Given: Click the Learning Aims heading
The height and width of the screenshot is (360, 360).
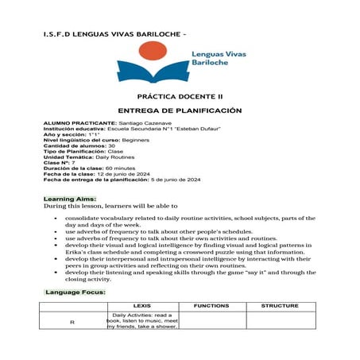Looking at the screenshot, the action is click(x=70, y=197).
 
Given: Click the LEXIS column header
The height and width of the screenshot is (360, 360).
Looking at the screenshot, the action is click(x=142, y=306).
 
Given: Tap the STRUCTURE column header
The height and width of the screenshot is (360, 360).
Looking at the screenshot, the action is click(x=280, y=306).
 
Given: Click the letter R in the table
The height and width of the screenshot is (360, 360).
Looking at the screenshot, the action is click(x=72, y=321).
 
